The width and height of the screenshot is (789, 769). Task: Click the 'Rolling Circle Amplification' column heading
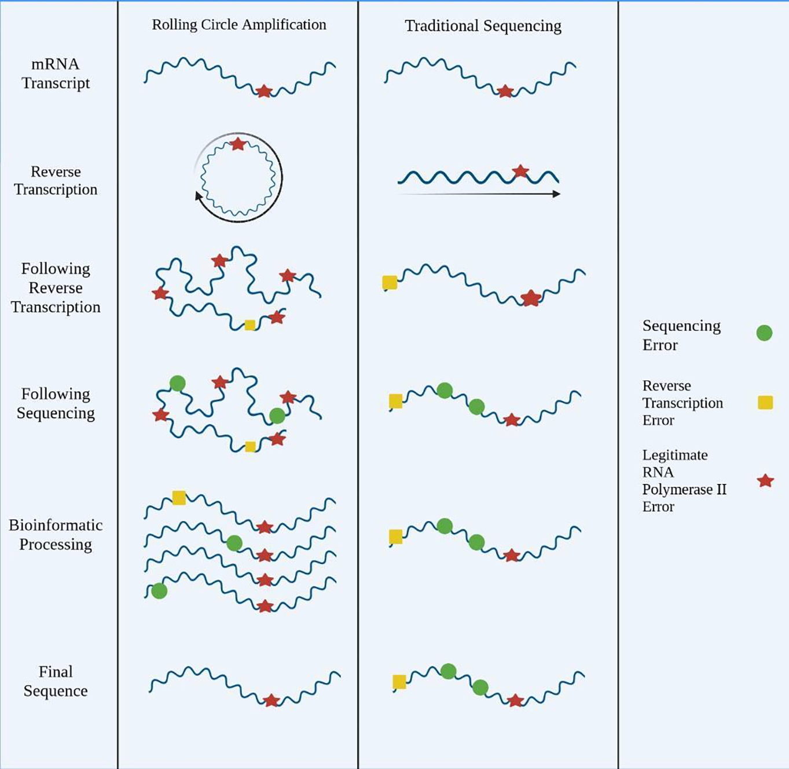(x=238, y=25)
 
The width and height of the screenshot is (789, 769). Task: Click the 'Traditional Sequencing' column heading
(x=483, y=26)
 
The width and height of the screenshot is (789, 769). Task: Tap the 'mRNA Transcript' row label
(x=56, y=74)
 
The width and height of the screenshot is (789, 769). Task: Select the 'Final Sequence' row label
(x=56, y=681)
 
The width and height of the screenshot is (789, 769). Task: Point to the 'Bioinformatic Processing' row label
(x=56, y=534)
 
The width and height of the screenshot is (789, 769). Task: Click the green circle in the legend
(x=764, y=333)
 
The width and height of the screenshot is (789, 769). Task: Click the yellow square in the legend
(x=765, y=402)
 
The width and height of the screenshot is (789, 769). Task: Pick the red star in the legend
(x=765, y=480)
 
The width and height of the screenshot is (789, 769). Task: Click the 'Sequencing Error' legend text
(x=681, y=335)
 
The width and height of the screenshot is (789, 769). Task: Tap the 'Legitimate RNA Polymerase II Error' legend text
(x=684, y=480)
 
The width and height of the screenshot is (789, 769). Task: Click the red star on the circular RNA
(x=238, y=144)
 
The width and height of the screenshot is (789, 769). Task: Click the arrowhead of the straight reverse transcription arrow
(x=556, y=194)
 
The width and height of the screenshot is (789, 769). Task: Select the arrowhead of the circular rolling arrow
(x=199, y=197)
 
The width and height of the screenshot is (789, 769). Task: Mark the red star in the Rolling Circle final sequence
(x=271, y=701)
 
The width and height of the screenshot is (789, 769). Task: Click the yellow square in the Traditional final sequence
(x=399, y=681)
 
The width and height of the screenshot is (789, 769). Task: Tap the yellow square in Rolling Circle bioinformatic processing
(x=179, y=498)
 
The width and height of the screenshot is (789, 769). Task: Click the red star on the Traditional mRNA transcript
(x=505, y=91)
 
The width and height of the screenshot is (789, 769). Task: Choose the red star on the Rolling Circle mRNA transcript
(x=264, y=91)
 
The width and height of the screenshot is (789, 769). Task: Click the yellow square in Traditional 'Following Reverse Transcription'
(x=390, y=282)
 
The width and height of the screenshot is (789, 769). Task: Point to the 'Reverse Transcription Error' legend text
(x=682, y=403)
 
